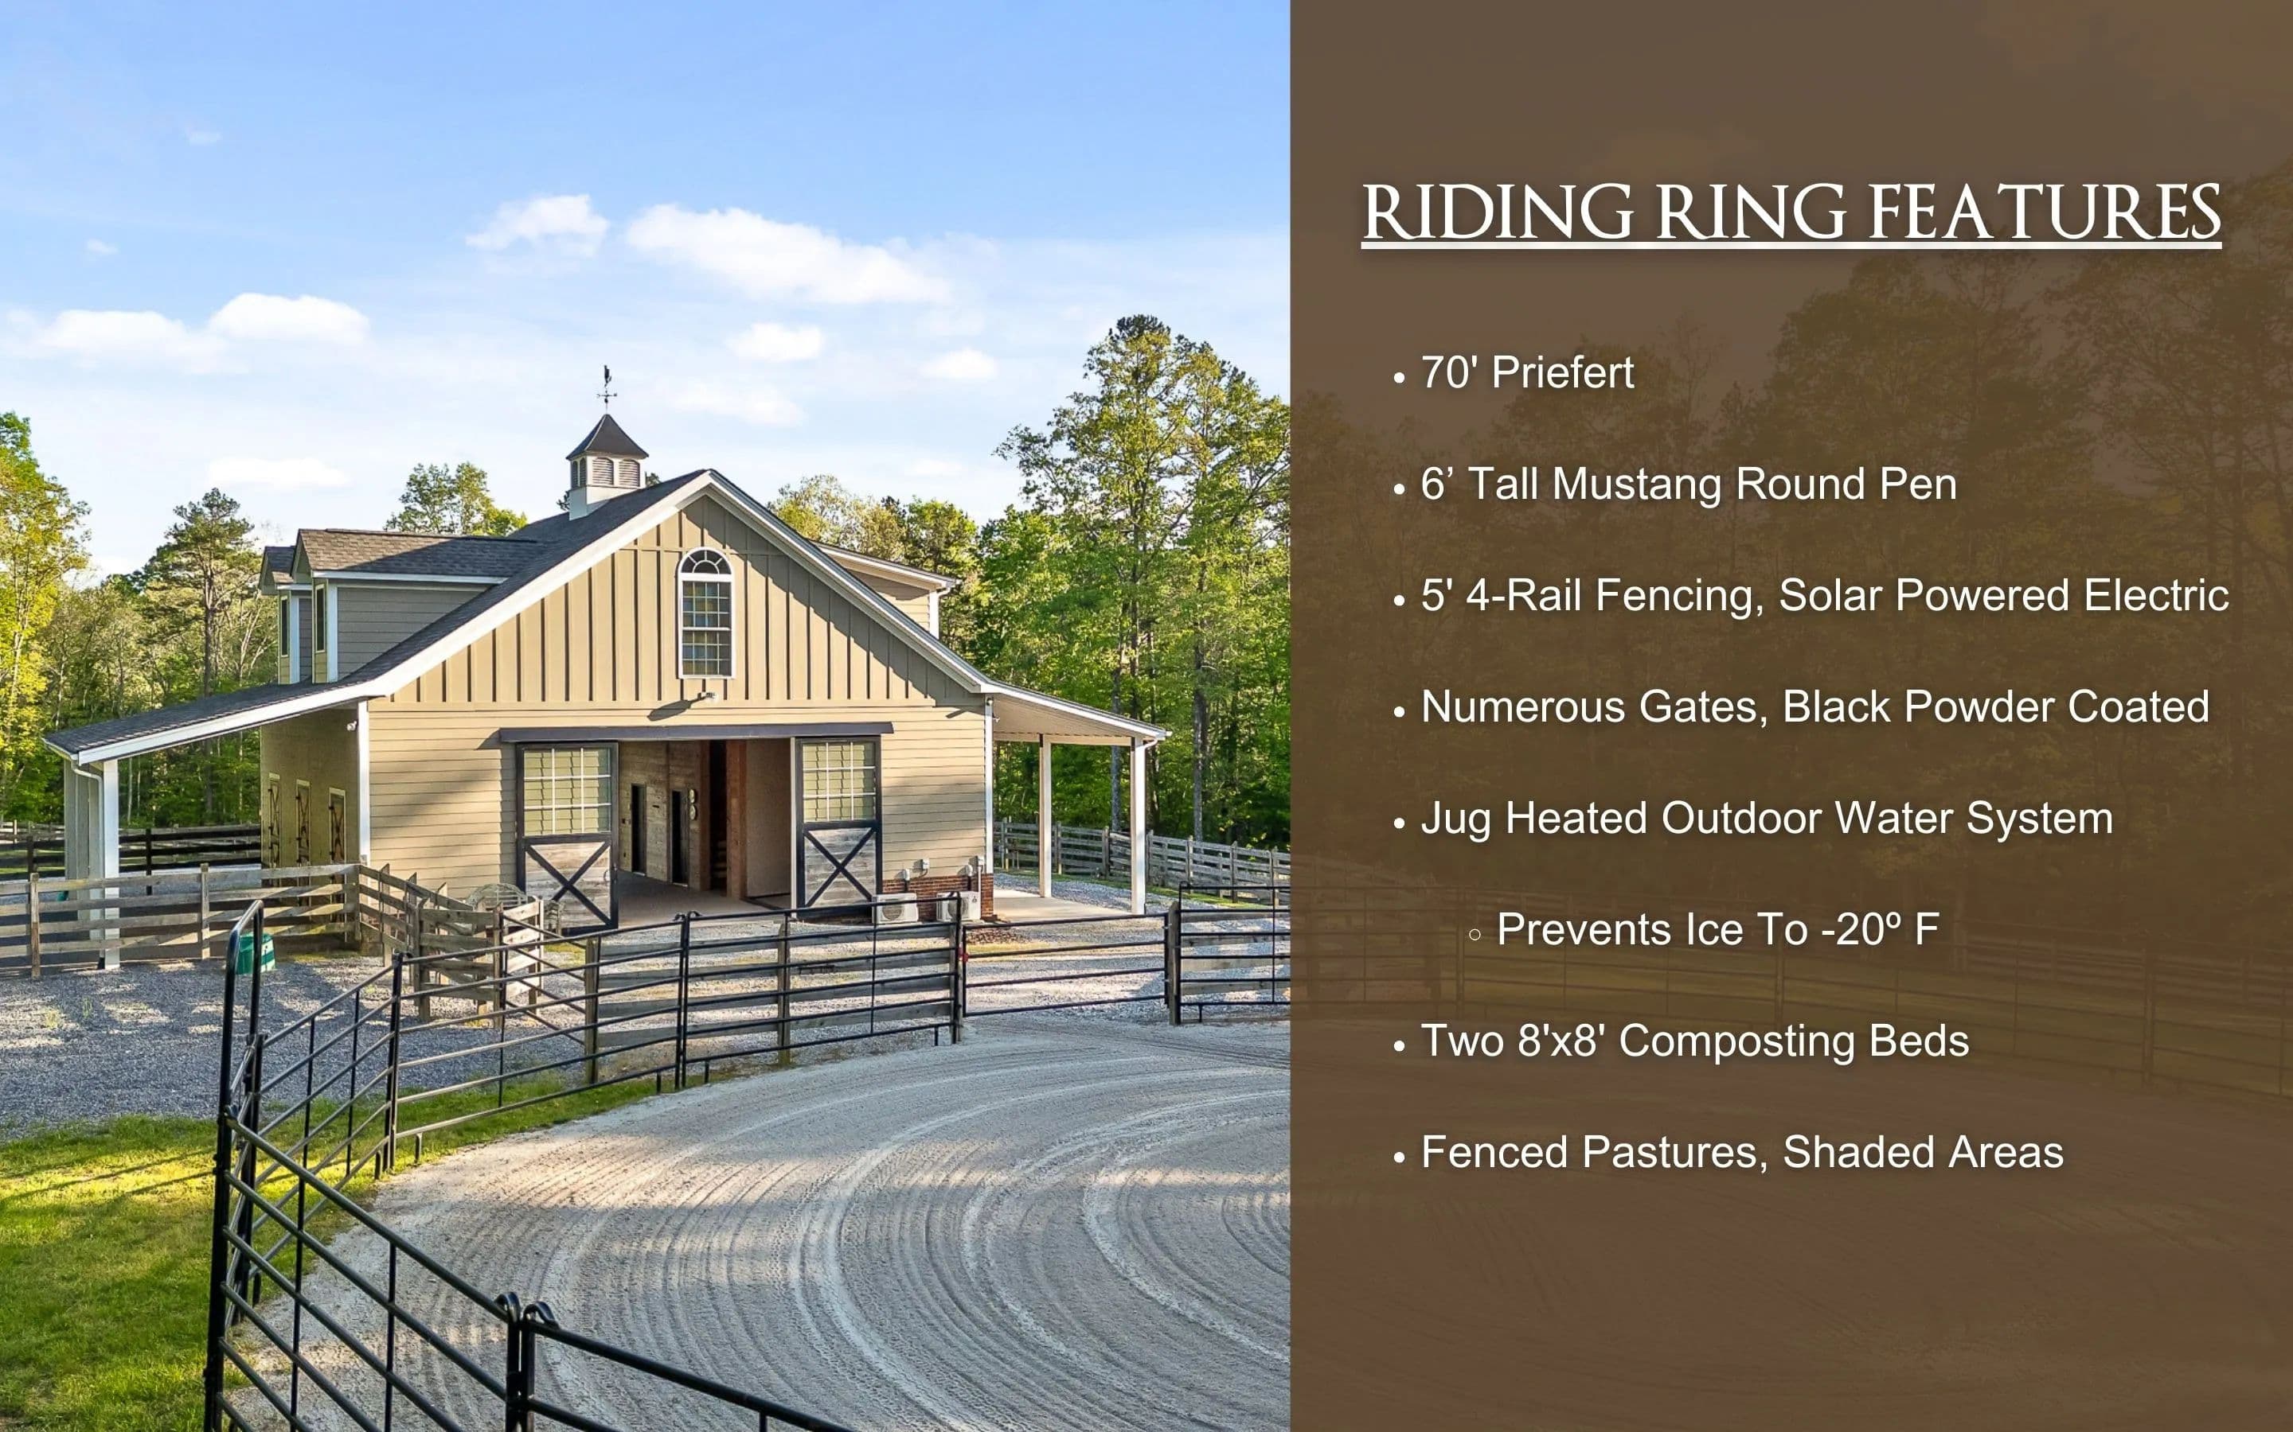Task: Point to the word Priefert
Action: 1562,372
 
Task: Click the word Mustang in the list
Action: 1637,486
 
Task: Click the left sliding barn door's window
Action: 567,790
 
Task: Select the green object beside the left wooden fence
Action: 254,953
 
